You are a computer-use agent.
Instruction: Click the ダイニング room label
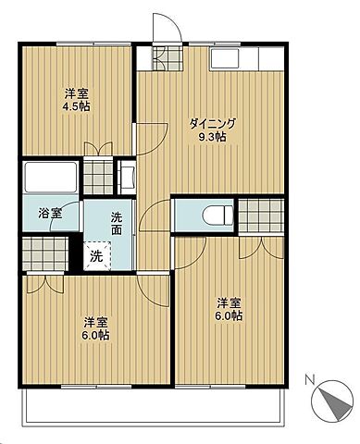coord(212,124)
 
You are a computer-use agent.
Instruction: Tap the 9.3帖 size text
coord(212,137)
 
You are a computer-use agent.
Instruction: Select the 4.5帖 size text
coord(77,106)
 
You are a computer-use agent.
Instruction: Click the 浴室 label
coord(50,214)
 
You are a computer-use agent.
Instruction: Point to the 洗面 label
coord(117,224)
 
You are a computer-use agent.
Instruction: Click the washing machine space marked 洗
coord(97,256)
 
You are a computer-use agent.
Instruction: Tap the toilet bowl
coord(217,216)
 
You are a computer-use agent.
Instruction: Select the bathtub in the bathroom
coord(51,178)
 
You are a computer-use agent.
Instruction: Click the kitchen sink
coord(225,58)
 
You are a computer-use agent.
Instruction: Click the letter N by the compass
coord(309,379)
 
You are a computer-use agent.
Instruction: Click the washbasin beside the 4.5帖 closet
coord(127,178)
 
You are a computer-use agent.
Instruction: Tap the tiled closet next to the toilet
coord(261,216)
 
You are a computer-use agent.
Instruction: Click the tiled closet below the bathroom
coord(45,253)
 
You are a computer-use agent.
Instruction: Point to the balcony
coord(154,404)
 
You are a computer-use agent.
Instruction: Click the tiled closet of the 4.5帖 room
coord(98,176)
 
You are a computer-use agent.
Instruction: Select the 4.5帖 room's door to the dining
coord(150,139)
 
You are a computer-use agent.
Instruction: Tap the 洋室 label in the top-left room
coord(77,93)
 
